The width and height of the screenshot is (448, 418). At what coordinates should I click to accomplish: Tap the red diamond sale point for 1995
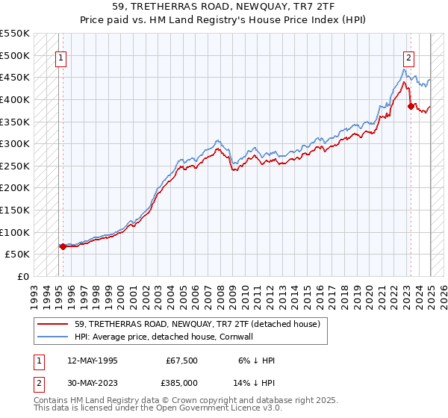(x=62, y=246)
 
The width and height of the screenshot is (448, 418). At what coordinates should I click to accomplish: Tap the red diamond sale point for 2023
(x=411, y=106)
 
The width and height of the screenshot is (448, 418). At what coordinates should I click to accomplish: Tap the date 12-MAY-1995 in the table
(x=93, y=361)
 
